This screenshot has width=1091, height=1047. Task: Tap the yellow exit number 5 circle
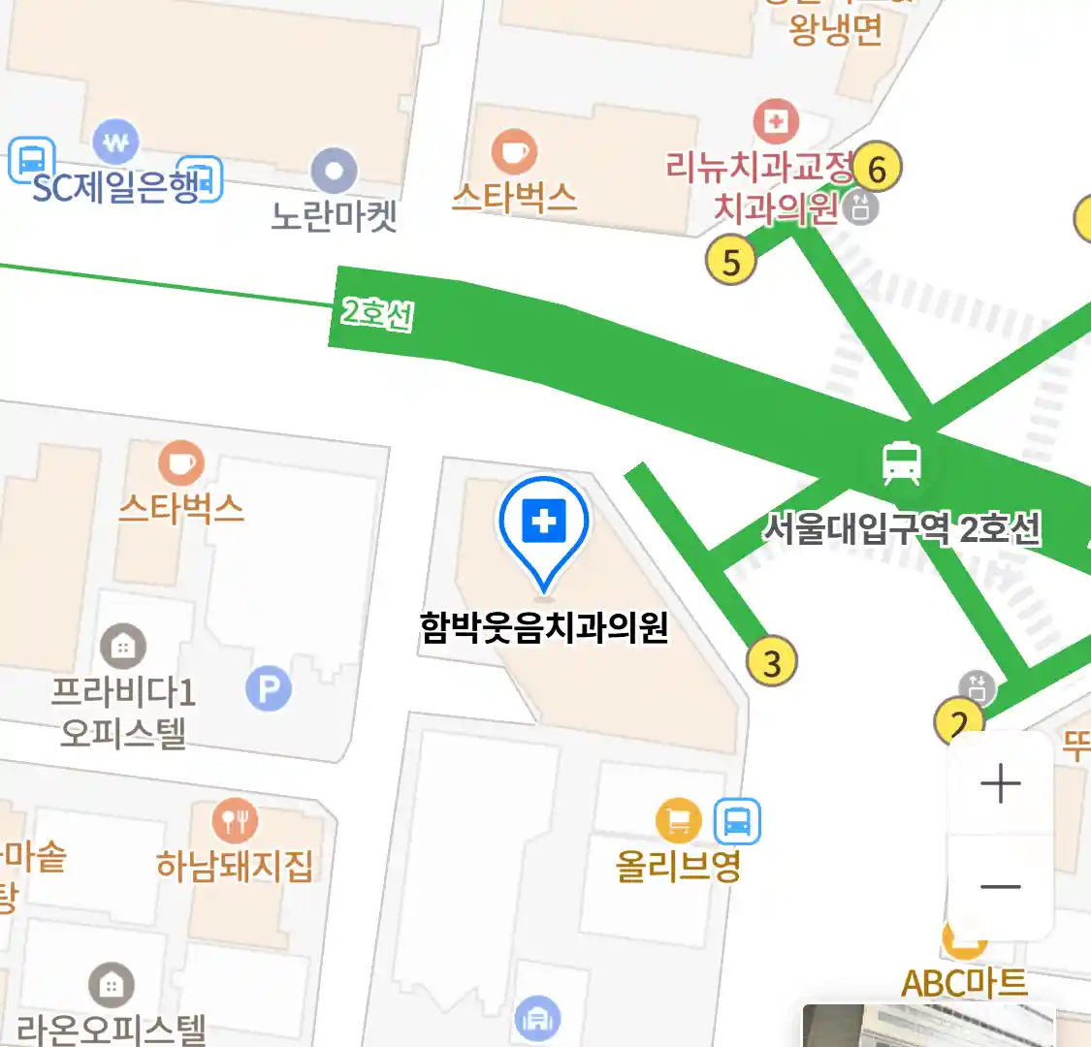click(x=731, y=261)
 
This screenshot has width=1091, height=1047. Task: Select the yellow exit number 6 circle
click(x=877, y=169)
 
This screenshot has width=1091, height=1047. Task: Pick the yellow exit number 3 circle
click(x=772, y=663)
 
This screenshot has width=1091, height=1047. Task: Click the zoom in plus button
click(x=1000, y=783)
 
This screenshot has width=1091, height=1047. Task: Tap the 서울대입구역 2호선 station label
click(x=902, y=529)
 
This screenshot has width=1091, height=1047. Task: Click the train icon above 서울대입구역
click(x=902, y=462)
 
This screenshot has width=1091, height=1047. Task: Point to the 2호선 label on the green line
click(x=377, y=313)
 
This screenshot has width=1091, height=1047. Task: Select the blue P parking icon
click(x=269, y=689)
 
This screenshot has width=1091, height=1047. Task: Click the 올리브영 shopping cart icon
click(x=679, y=821)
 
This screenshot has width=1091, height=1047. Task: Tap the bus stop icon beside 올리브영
click(x=737, y=822)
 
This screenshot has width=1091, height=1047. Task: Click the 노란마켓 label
click(x=334, y=215)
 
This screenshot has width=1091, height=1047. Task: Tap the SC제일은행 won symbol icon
click(x=115, y=143)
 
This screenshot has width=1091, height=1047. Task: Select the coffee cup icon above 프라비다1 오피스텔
click(x=181, y=462)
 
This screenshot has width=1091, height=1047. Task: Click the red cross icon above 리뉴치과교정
click(x=776, y=121)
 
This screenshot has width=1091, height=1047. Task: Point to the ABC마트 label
click(x=964, y=984)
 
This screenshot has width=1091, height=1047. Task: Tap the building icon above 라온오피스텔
click(x=112, y=987)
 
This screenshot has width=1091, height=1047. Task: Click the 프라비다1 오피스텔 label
click(x=123, y=712)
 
